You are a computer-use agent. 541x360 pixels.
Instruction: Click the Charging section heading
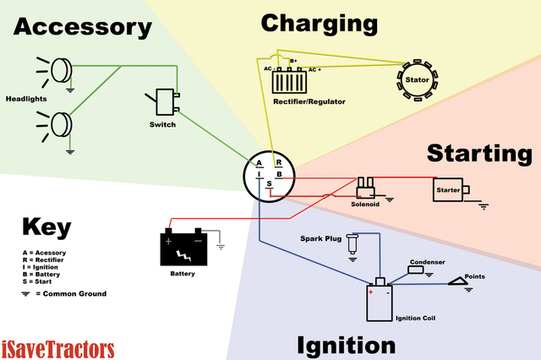319,23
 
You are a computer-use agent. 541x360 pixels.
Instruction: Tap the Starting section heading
478,153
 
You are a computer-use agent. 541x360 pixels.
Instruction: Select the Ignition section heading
346,345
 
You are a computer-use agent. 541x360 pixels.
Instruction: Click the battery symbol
183,248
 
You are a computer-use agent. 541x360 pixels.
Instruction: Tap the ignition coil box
379,303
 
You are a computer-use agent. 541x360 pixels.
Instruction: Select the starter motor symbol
448,190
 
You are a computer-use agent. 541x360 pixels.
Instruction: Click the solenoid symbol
366,187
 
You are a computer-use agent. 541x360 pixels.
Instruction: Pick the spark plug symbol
352,245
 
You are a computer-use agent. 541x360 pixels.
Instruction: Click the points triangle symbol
460,282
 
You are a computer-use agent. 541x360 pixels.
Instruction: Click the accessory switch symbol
167,102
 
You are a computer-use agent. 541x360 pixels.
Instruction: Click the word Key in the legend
46,227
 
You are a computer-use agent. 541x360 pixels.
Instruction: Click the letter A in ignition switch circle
260,163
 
